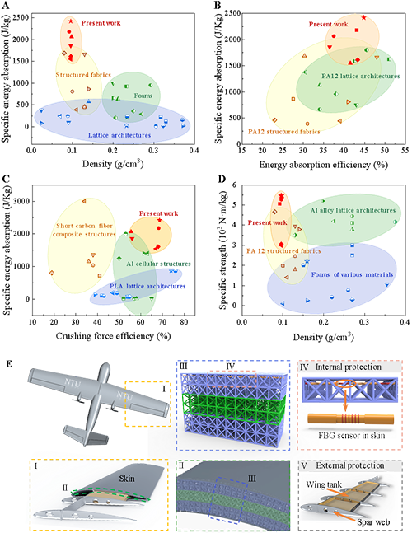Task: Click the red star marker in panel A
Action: tap(71, 21)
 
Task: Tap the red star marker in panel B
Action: tap(363, 17)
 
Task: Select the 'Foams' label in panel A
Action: tap(143, 96)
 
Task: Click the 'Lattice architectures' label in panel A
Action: tap(119, 135)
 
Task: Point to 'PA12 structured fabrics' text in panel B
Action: tap(284, 132)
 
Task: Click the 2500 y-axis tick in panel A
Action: tap(21, 17)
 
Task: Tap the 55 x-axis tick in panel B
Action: tap(405, 151)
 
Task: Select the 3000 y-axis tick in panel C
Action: tap(21, 201)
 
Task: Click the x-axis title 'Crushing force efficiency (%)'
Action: tap(113, 336)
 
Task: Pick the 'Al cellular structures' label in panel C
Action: tap(158, 264)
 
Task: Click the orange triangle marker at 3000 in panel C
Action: tap(83, 201)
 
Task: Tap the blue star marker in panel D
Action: tap(307, 261)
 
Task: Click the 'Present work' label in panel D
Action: tap(267, 222)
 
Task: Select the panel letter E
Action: tap(9, 364)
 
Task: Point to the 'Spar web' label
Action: tap(373, 522)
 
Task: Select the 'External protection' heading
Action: tap(350, 465)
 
